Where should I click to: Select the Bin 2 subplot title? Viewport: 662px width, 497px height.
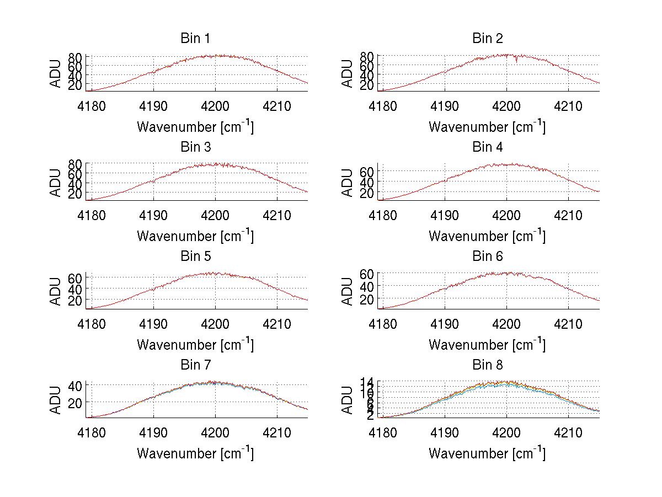click(487, 39)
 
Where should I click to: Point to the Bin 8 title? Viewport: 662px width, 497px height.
click(487, 365)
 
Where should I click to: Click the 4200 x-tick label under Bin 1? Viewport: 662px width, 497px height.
click(215, 105)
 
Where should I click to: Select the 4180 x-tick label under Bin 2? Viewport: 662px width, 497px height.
click(383, 105)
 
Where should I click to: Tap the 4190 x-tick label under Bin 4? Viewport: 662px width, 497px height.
click(445, 214)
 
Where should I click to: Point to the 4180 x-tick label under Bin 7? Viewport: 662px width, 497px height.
click(91, 432)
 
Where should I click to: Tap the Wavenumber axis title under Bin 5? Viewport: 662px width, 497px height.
click(195, 345)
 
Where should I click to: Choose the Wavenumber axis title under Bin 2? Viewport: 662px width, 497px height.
click(487, 127)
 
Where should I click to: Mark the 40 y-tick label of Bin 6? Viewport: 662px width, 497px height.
click(368, 286)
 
